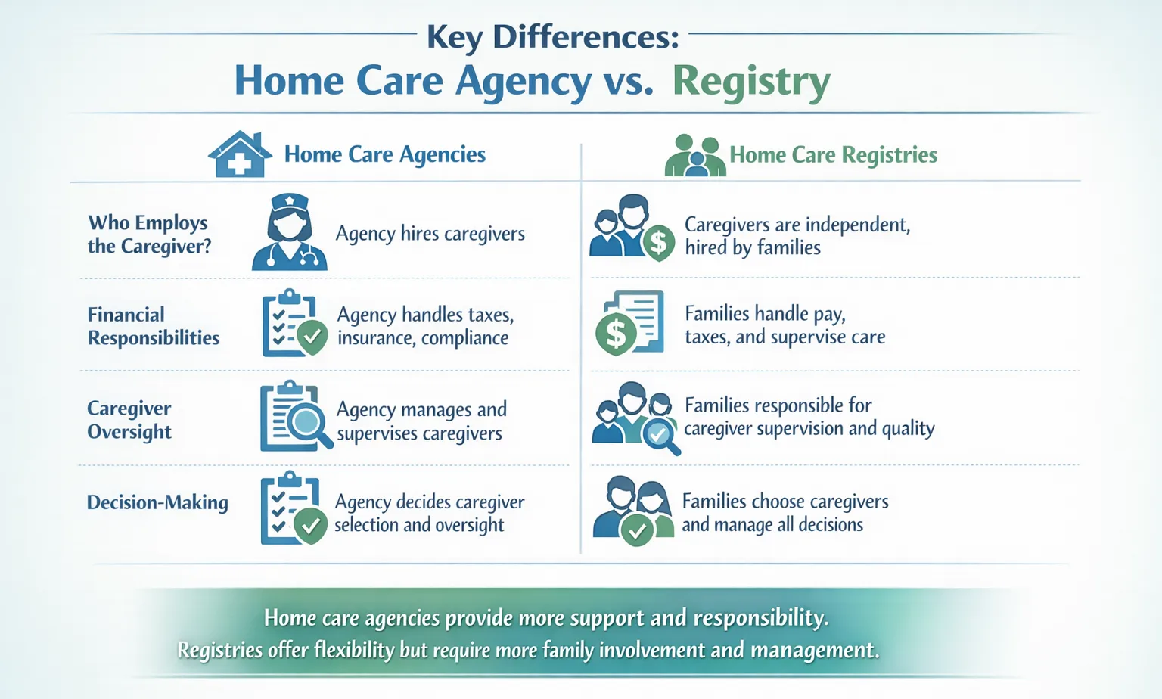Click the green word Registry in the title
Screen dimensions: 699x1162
click(750, 82)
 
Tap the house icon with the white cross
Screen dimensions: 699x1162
click(240, 155)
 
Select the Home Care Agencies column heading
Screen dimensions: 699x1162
click(384, 154)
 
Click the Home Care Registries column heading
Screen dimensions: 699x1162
click(832, 155)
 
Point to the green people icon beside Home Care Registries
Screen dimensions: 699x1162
click(694, 156)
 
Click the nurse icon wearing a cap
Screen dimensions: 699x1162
click(289, 232)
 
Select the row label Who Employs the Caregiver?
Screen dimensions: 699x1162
click(149, 235)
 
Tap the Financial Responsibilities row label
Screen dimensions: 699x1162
click(153, 326)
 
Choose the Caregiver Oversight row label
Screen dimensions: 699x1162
click(129, 420)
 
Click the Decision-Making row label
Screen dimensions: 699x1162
click(157, 502)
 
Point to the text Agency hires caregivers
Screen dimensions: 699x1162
click(430, 234)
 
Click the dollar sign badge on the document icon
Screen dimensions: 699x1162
click(616, 334)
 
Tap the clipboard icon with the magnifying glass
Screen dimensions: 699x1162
click(295, 417)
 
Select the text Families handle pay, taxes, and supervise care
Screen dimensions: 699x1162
click(784, 325)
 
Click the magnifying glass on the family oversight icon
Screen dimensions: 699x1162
click(659, 434)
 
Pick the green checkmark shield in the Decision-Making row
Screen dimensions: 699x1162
click(310, 524)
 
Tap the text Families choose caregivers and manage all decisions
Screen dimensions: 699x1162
click(784, 513)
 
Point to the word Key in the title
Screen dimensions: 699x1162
click(454, 37)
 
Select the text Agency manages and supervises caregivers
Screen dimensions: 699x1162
click(421, 421)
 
